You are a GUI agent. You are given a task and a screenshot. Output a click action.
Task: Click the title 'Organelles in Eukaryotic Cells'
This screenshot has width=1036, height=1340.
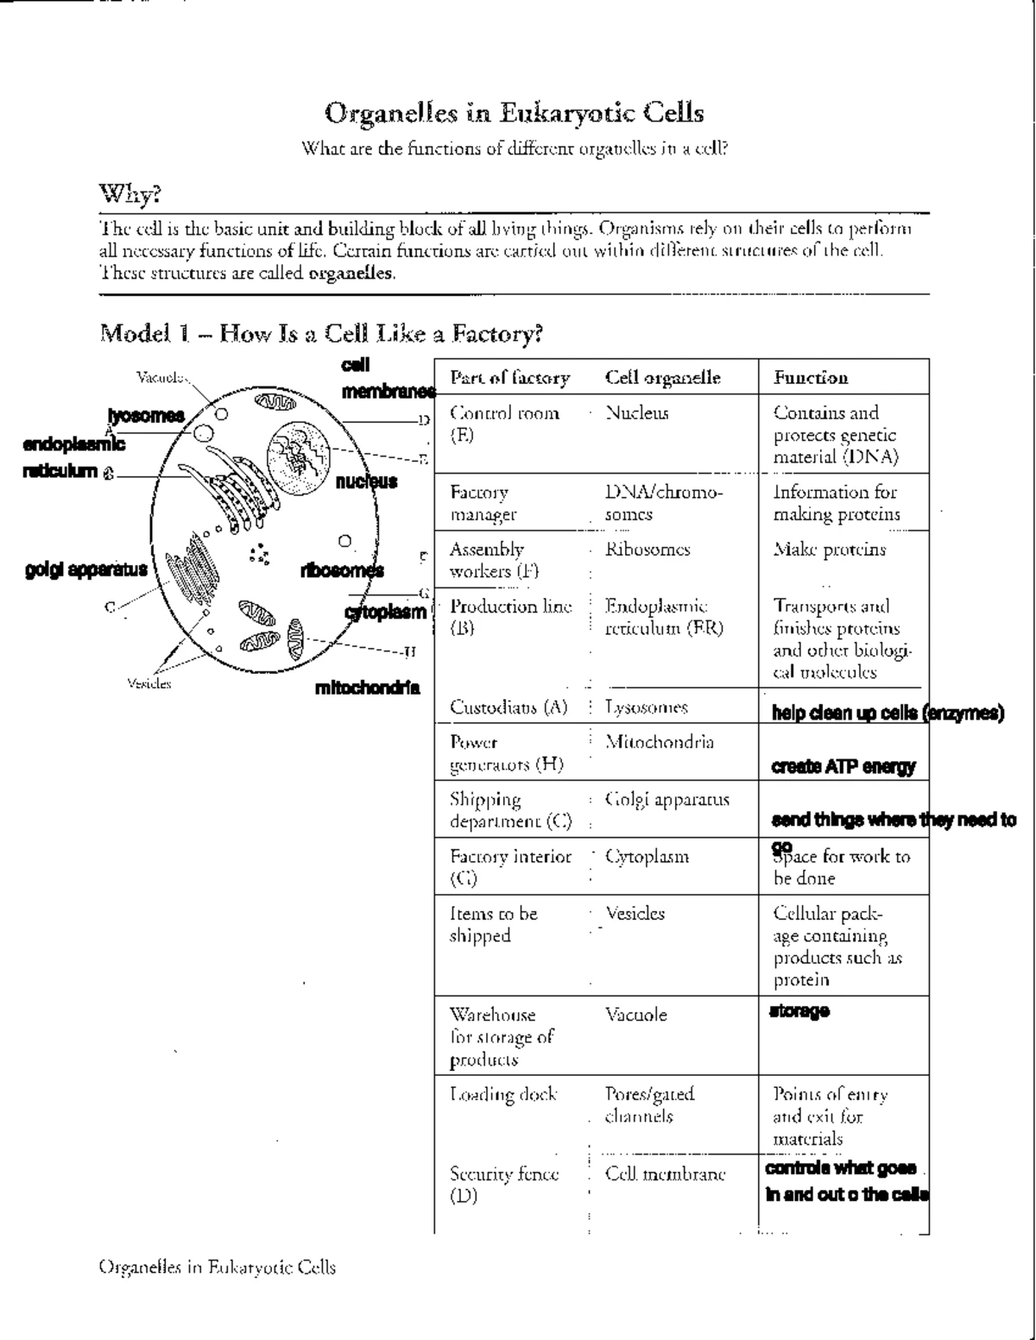(x=514, y=113)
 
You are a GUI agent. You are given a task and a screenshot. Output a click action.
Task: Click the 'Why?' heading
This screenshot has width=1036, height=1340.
(x=130, y=194)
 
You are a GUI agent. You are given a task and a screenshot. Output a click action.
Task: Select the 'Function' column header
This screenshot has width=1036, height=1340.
(x=811, y=377)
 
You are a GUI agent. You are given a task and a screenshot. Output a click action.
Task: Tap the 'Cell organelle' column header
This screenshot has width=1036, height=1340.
(x=662, y=377)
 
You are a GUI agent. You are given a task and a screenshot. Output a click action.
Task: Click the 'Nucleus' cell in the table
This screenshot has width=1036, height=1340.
(x=637, y=413)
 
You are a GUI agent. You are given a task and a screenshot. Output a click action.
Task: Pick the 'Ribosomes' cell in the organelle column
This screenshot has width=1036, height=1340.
(x=647, y=550)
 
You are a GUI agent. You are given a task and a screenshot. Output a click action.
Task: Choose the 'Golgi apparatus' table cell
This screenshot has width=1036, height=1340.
(x=666, y=799)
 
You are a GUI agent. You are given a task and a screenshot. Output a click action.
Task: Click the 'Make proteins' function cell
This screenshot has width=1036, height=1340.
(x=829, y=550)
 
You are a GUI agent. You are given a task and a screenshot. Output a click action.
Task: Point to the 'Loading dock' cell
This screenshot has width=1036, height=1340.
(x=503, y=1095)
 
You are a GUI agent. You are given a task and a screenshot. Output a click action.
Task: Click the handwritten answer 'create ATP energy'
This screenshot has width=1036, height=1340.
(x=843, y=766)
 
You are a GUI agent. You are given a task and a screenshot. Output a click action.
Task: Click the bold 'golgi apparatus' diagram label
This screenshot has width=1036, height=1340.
(x=86, y=569)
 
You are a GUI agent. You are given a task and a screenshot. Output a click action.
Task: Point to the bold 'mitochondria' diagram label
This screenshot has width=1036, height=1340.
(x=368, y=688)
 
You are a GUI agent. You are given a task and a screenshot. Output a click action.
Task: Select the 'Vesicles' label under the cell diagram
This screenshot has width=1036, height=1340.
(x=149, y=683)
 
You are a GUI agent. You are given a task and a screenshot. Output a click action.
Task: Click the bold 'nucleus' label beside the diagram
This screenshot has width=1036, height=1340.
(x=366, y=481)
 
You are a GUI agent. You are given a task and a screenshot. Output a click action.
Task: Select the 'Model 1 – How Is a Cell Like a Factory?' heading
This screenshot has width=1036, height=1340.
(x=321, y=333)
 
